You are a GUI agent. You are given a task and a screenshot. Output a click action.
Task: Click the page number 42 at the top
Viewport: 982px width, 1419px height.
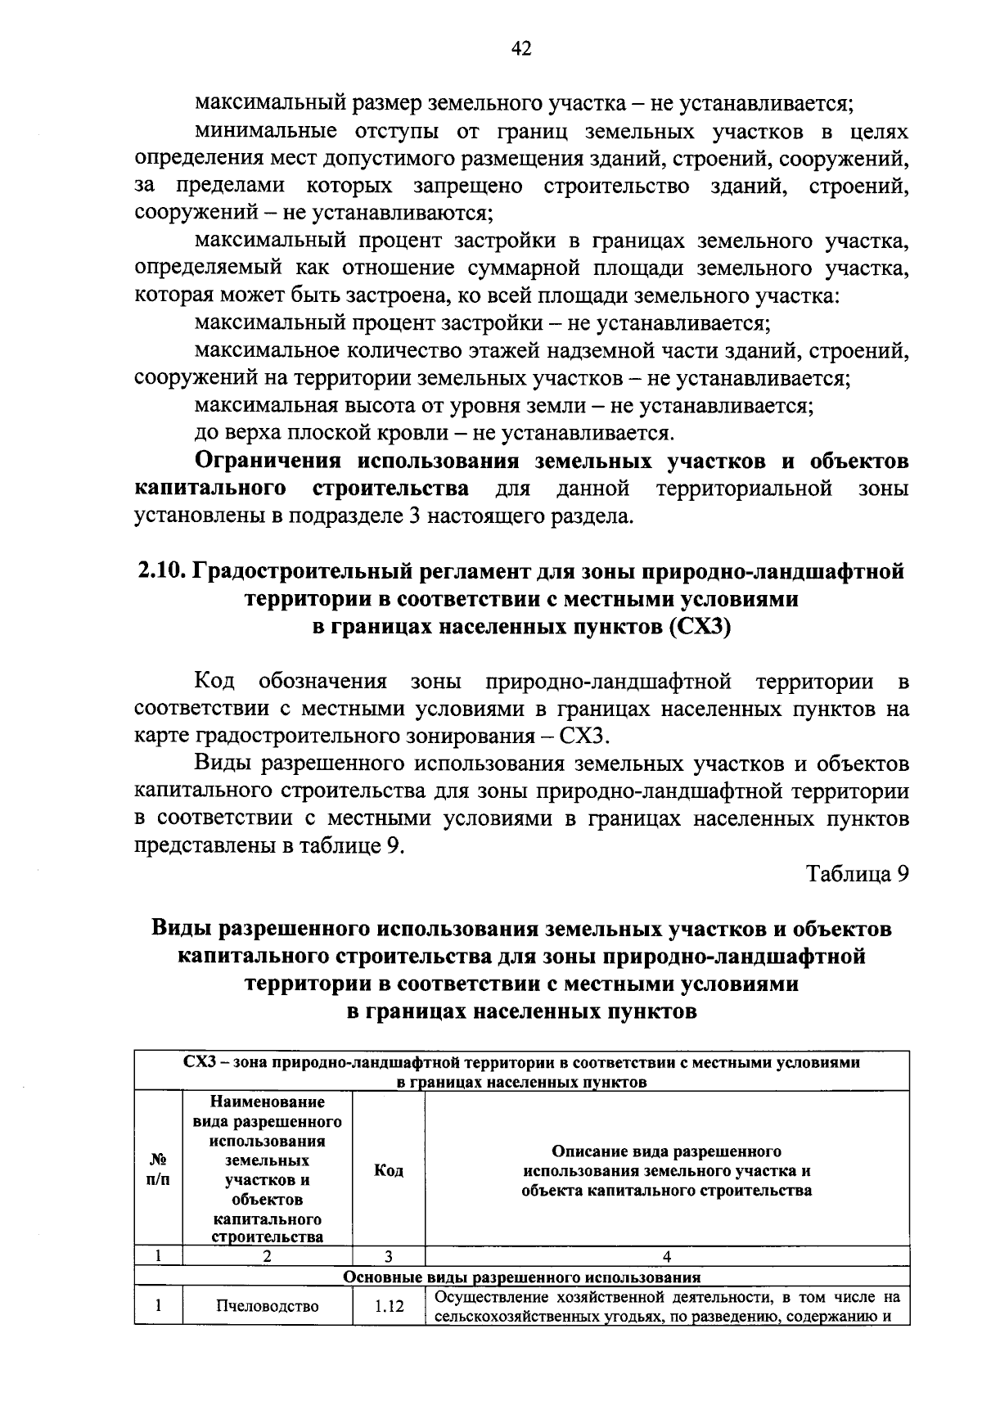521,50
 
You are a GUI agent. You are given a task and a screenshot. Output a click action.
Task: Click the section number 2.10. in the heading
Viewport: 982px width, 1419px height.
161,571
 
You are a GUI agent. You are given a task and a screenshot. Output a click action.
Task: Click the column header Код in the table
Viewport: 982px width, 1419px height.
389,1171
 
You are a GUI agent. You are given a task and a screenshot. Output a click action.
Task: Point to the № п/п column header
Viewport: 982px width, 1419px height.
159,1171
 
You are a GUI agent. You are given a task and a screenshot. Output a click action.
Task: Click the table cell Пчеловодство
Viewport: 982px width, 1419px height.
267,1306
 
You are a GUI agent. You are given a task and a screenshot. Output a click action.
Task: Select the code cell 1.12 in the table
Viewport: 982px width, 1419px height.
389,1307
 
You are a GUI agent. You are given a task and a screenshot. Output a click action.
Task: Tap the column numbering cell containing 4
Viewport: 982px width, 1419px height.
667,1256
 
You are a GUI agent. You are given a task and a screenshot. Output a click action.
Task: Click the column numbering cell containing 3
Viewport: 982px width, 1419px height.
389,1256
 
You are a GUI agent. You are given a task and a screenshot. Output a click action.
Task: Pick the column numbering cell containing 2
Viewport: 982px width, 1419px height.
267,1256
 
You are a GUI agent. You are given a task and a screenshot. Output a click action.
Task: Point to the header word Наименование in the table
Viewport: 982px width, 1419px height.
267,1102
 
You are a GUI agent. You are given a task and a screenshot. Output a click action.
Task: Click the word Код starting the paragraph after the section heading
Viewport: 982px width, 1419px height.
214,681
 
